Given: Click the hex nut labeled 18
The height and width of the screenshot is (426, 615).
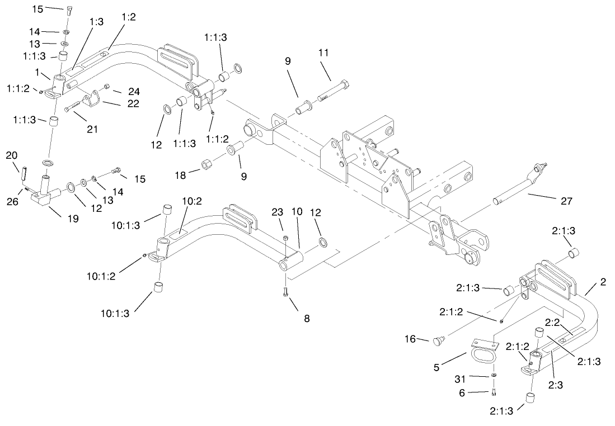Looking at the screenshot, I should pos(205,165).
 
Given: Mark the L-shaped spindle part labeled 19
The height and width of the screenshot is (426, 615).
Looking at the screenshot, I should pos(45,193).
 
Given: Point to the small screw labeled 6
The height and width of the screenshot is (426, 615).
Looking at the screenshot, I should pos(494,391).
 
